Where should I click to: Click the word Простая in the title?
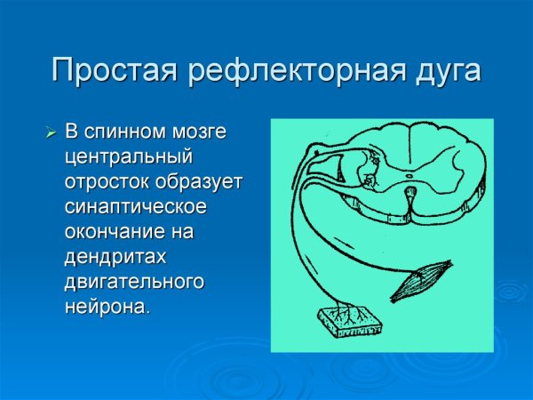click(117, 69)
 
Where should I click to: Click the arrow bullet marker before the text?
click(51, 133)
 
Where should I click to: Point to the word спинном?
click(126, 132)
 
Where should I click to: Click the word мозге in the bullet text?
click(201, 132)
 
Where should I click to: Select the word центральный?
click(129, 157)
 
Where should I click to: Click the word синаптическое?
click(136, 207)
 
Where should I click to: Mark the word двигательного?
click(134, 282)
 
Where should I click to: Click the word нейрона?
click(105, 307)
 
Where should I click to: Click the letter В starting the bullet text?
click(72, 132)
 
